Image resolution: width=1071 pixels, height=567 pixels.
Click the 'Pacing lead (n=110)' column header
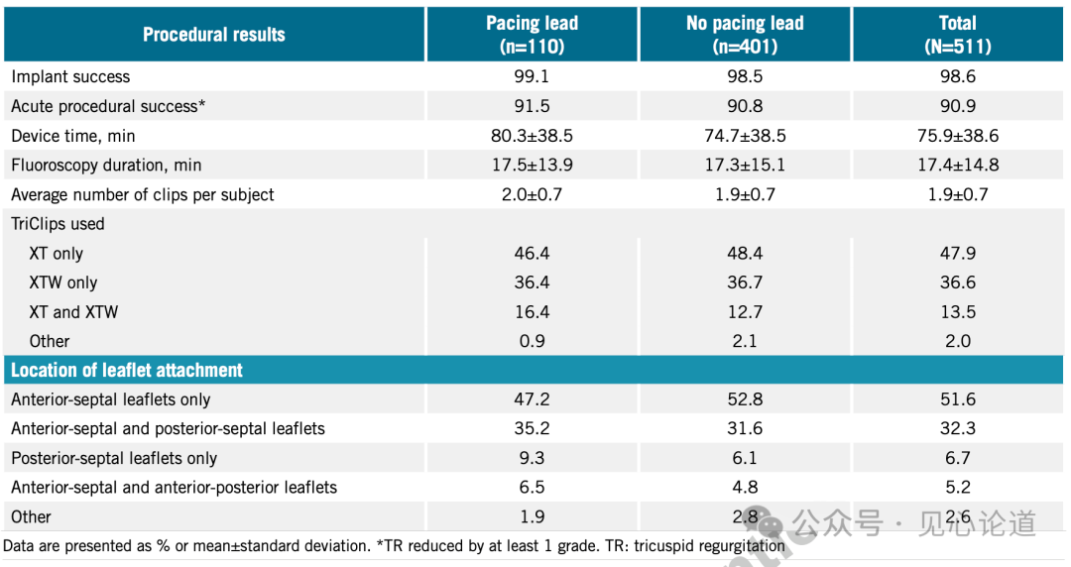(x=532, y=35)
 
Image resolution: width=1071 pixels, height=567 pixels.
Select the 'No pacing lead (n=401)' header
(x=745, y=35)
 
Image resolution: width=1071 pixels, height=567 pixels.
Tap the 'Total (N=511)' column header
(x=958, y=35)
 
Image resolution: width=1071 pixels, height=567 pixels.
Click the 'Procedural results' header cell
(x=213, y=35)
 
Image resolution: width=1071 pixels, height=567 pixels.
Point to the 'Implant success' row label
(x=70, y=77)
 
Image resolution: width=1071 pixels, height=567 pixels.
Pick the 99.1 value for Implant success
(x=532, y=77)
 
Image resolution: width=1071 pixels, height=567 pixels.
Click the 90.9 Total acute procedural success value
(x=958, y=106)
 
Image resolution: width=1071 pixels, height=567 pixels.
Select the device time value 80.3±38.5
(x=532, y=136)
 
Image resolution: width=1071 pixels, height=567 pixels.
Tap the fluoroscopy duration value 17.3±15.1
(x=745, y=165)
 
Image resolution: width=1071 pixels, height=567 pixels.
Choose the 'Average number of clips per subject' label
(x=143, y=194)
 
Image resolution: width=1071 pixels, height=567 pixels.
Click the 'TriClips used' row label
(x=58, y=224)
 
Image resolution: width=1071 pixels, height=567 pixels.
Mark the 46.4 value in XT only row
(x=532, y=254)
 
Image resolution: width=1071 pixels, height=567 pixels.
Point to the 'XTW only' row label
(x=63, y=283)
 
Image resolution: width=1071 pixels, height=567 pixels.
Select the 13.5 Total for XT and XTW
(x=958, y=312)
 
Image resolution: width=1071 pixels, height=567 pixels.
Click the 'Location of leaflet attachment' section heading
(x=127, y=371)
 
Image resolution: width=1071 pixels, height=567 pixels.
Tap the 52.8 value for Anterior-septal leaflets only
(x=745, y=399)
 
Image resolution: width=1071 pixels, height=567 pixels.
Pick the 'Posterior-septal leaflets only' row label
(x=114, y=458)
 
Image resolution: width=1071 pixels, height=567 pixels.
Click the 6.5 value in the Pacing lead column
(x=532, y=488)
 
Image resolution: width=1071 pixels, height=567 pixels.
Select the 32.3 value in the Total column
(x=958, y=429)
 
